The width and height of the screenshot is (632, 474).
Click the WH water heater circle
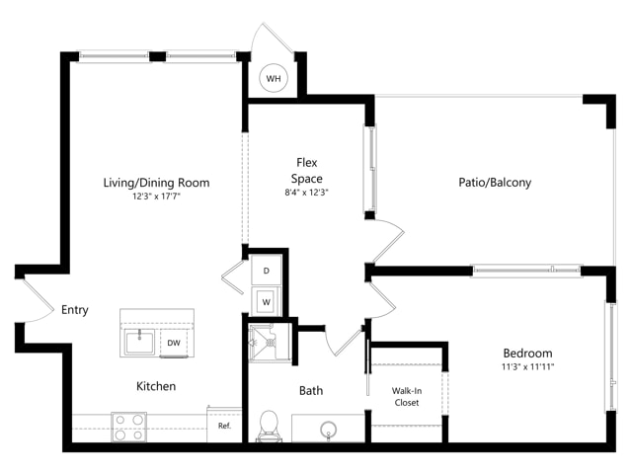274,78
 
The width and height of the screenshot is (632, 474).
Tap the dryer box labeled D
267,270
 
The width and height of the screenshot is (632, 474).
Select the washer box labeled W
267,301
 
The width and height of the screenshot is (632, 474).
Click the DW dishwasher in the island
174,343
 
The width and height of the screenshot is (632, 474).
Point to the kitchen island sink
139,342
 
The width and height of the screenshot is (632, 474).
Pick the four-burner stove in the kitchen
129,427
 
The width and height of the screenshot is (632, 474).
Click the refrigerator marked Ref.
224,425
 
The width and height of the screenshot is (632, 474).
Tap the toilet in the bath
269,426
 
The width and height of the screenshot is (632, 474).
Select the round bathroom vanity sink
329,430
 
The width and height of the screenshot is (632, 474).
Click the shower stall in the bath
270,343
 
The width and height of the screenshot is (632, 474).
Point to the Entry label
75,309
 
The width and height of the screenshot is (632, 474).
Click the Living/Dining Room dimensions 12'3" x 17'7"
156,197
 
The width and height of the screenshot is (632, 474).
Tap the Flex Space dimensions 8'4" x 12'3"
306,193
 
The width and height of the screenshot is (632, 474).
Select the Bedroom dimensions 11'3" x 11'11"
527,366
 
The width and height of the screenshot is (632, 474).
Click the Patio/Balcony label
495,182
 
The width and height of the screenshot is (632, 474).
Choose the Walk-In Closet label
407,396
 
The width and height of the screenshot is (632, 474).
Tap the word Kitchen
156,386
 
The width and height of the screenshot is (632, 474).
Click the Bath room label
311,390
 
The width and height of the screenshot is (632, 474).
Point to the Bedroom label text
527,354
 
